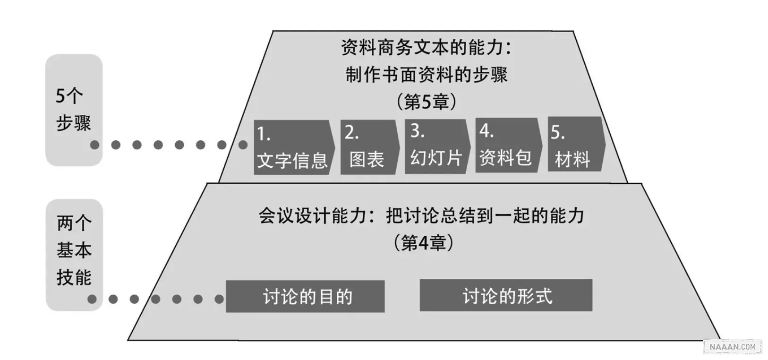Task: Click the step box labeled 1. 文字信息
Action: [x=293, y=147]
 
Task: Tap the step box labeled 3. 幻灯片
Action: [x=436, y=146]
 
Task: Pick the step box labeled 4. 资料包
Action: [x=507, y=146]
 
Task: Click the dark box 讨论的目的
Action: [x=305, y=296]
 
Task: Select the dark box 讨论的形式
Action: [x=506, y=295]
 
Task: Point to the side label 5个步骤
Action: [x=73, y=110]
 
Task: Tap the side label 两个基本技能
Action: [x=74, y=250]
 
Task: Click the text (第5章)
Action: [x=427, y=102]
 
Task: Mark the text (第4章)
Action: [x=423, y=243]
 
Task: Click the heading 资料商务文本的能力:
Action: [x=426, y=48]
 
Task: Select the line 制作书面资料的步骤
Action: [x=427, y=75]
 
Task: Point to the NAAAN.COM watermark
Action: [x=732, y=347]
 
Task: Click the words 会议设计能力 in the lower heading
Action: [x=312, y=216]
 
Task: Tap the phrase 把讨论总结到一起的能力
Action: [x=485, y=216]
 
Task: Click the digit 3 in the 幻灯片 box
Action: [x=416, y=131]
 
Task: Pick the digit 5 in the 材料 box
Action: [x=555, y=133]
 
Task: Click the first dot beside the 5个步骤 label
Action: [x=95, y=145]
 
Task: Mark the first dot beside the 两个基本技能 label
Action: [x=92, y=299]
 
